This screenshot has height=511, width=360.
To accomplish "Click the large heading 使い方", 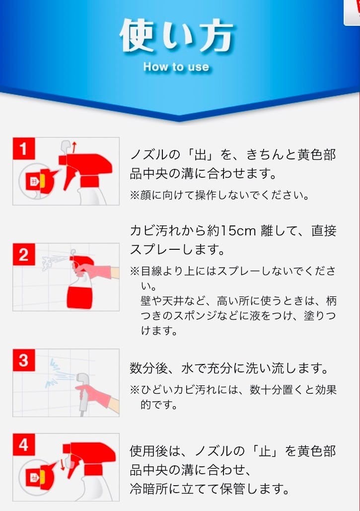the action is [177, 36].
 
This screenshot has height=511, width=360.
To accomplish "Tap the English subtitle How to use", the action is [176, 67].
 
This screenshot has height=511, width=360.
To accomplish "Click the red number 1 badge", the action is [23, 148].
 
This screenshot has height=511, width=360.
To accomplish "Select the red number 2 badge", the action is [23, 254].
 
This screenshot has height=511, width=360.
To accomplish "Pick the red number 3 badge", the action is [23, 360].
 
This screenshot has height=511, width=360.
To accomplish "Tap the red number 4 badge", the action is [23, 444].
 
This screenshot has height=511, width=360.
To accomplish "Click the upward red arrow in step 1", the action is [74, 147].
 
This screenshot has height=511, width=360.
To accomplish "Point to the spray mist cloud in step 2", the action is [48, 263].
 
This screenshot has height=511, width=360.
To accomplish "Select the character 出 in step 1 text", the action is [201, 154].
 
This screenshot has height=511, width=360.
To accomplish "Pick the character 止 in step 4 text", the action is [265, 451].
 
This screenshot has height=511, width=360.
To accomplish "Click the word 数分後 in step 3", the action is [149, 368].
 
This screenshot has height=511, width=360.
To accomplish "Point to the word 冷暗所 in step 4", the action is [148, 489].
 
